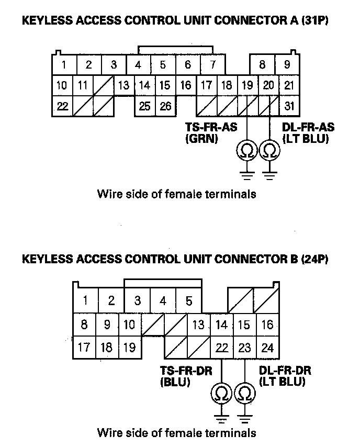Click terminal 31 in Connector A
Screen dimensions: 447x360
(288, 106)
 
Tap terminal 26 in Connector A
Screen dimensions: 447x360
(165, 106)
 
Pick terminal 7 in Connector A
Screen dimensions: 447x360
(213, 65)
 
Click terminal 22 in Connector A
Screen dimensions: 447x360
(63, 106)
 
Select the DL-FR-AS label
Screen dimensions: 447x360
(308, 127)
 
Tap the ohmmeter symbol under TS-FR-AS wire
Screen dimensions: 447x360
(246, 150)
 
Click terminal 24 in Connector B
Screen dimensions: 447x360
(267, 347)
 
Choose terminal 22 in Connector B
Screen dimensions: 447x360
(221, 347)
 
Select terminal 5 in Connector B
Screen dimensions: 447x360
(189, 301)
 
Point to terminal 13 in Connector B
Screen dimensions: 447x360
(198, 325)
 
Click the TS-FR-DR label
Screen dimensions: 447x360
(186, 371)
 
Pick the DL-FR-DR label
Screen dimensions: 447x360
(285, 371)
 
